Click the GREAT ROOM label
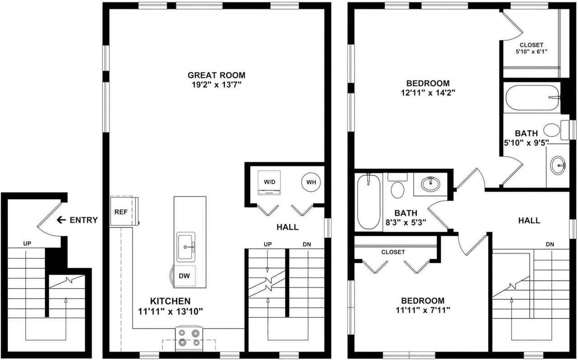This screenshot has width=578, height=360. point(216,75)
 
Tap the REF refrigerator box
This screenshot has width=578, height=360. point(121,211)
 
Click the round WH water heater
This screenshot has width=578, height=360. point(311,182)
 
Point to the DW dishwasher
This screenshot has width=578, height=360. point(184,276)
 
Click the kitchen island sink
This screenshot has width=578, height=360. point(186,246)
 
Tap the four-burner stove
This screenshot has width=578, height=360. point(189,337)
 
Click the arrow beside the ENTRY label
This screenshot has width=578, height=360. point(61,220)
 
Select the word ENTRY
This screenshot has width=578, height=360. point(84,220)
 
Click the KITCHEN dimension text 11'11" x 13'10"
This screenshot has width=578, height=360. point(170,311)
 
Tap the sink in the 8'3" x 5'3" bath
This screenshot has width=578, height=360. point(430,183)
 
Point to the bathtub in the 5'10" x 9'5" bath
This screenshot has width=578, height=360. point(530,97)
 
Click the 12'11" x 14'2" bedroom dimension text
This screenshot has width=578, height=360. point(428,93)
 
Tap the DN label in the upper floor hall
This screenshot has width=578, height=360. point(550,244)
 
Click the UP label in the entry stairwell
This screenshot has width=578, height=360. point(27,243)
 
